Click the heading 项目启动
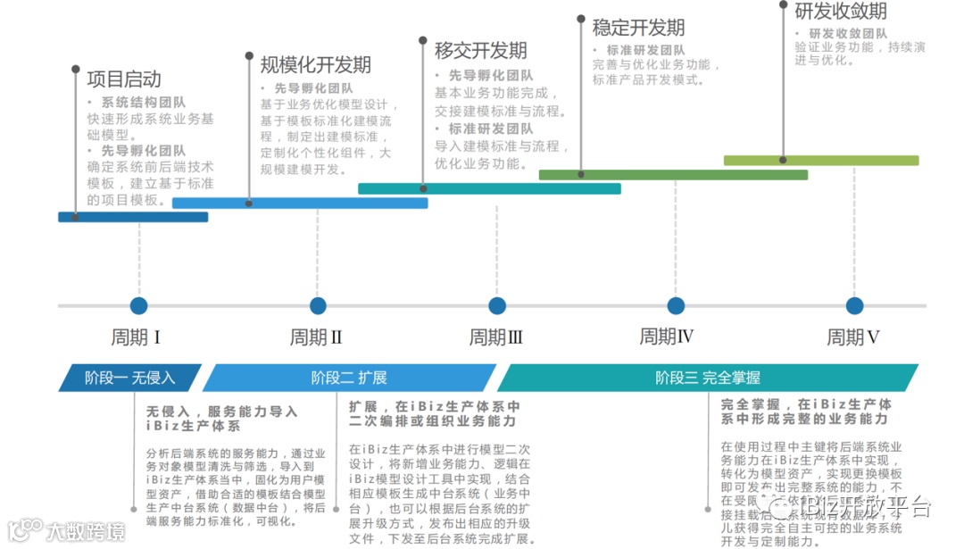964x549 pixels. [x=123, y=79]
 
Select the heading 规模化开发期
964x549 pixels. [x=315, y=65]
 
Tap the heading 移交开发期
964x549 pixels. [x=480, y=50]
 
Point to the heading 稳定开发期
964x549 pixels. [x=638, y=28]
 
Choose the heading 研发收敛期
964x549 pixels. [x=841, y=12]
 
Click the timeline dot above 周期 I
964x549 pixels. [x=138, y=306]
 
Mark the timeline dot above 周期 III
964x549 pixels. [x=497, y=306]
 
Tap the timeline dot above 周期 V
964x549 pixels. [x=854, y=306]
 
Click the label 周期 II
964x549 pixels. [x=316, y=338]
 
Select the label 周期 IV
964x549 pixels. [x=667, y=337]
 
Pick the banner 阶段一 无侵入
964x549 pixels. [x=130, y=378]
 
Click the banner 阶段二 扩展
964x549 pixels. [x=349, y=378]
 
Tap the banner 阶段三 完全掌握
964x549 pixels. [x=707, y=378]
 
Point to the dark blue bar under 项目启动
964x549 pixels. [x=133, y=217]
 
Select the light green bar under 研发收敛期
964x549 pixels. [x=820, y=161]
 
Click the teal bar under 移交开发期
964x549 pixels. [x=489, y=188]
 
